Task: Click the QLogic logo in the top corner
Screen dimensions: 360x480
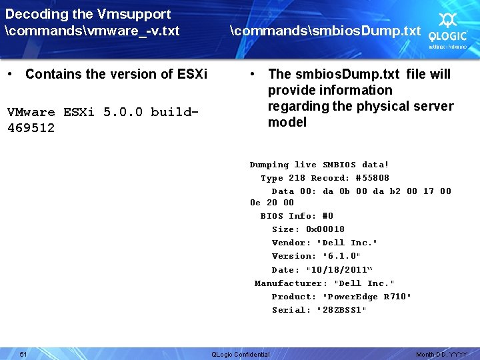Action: point(447,29)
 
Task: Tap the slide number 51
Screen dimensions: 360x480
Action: point(23,353)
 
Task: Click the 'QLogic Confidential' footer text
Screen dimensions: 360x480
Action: point(240,354)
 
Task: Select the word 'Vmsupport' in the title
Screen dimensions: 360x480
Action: point(134,14)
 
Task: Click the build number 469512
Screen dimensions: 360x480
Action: point(31,127)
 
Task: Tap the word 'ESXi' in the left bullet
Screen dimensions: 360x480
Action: point(189,74)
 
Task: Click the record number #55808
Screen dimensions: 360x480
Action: point(372,178)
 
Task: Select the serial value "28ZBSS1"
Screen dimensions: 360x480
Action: point(341,310)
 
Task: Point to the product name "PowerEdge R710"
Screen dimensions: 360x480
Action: point(367,297)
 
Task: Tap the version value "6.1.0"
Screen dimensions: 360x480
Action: point(341,256)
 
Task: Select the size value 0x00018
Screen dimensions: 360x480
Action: point(325,229)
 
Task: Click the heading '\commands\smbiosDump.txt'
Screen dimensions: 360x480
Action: point(325,31)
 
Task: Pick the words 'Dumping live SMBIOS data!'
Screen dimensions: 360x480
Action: point(319,165)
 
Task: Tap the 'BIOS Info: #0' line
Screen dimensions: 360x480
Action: point(297,216)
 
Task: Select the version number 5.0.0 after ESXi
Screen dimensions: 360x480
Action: point(123,112)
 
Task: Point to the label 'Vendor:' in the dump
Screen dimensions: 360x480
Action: point(291,243)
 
